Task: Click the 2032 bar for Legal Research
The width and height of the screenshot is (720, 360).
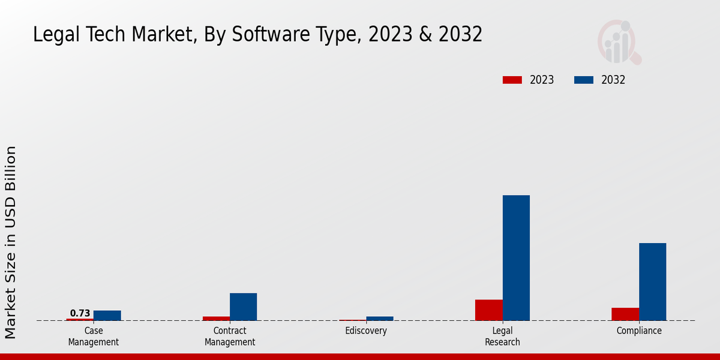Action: click(x=516, y=258)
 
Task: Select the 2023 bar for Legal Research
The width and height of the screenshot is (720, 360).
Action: click(x=488, y=310)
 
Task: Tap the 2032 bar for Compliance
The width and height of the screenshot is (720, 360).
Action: click(x=652, y=281)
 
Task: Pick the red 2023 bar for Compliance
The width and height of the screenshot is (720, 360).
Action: click(x=625, y=314)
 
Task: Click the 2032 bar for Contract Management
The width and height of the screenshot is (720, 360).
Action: click(x=243, y=307)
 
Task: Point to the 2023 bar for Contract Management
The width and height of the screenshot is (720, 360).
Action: click(x=216, y=318)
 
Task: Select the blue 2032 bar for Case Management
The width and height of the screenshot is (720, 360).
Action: click(x=107, y=315)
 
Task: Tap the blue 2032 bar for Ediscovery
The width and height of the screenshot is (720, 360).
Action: click(x=380, y=318)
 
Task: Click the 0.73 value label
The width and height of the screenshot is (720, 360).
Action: click(x=80, y=313)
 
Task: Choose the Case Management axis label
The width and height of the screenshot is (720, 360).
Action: click(x=93, y=336)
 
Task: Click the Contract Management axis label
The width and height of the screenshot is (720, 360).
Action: click(x=230, y=336)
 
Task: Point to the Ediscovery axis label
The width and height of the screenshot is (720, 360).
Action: click(x=366, y=331)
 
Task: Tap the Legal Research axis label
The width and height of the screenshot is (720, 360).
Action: click(x=503, y=336)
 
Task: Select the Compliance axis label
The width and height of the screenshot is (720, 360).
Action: click(x=639, y=331)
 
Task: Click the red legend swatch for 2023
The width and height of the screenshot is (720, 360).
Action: click(x=512, y=80)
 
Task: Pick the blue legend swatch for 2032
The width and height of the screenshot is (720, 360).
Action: click(x=584, y=80)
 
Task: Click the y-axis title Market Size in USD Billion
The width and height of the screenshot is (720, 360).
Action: click(x=11, y=242)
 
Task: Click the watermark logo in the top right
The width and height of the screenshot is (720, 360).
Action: click(x=619, y=42)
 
